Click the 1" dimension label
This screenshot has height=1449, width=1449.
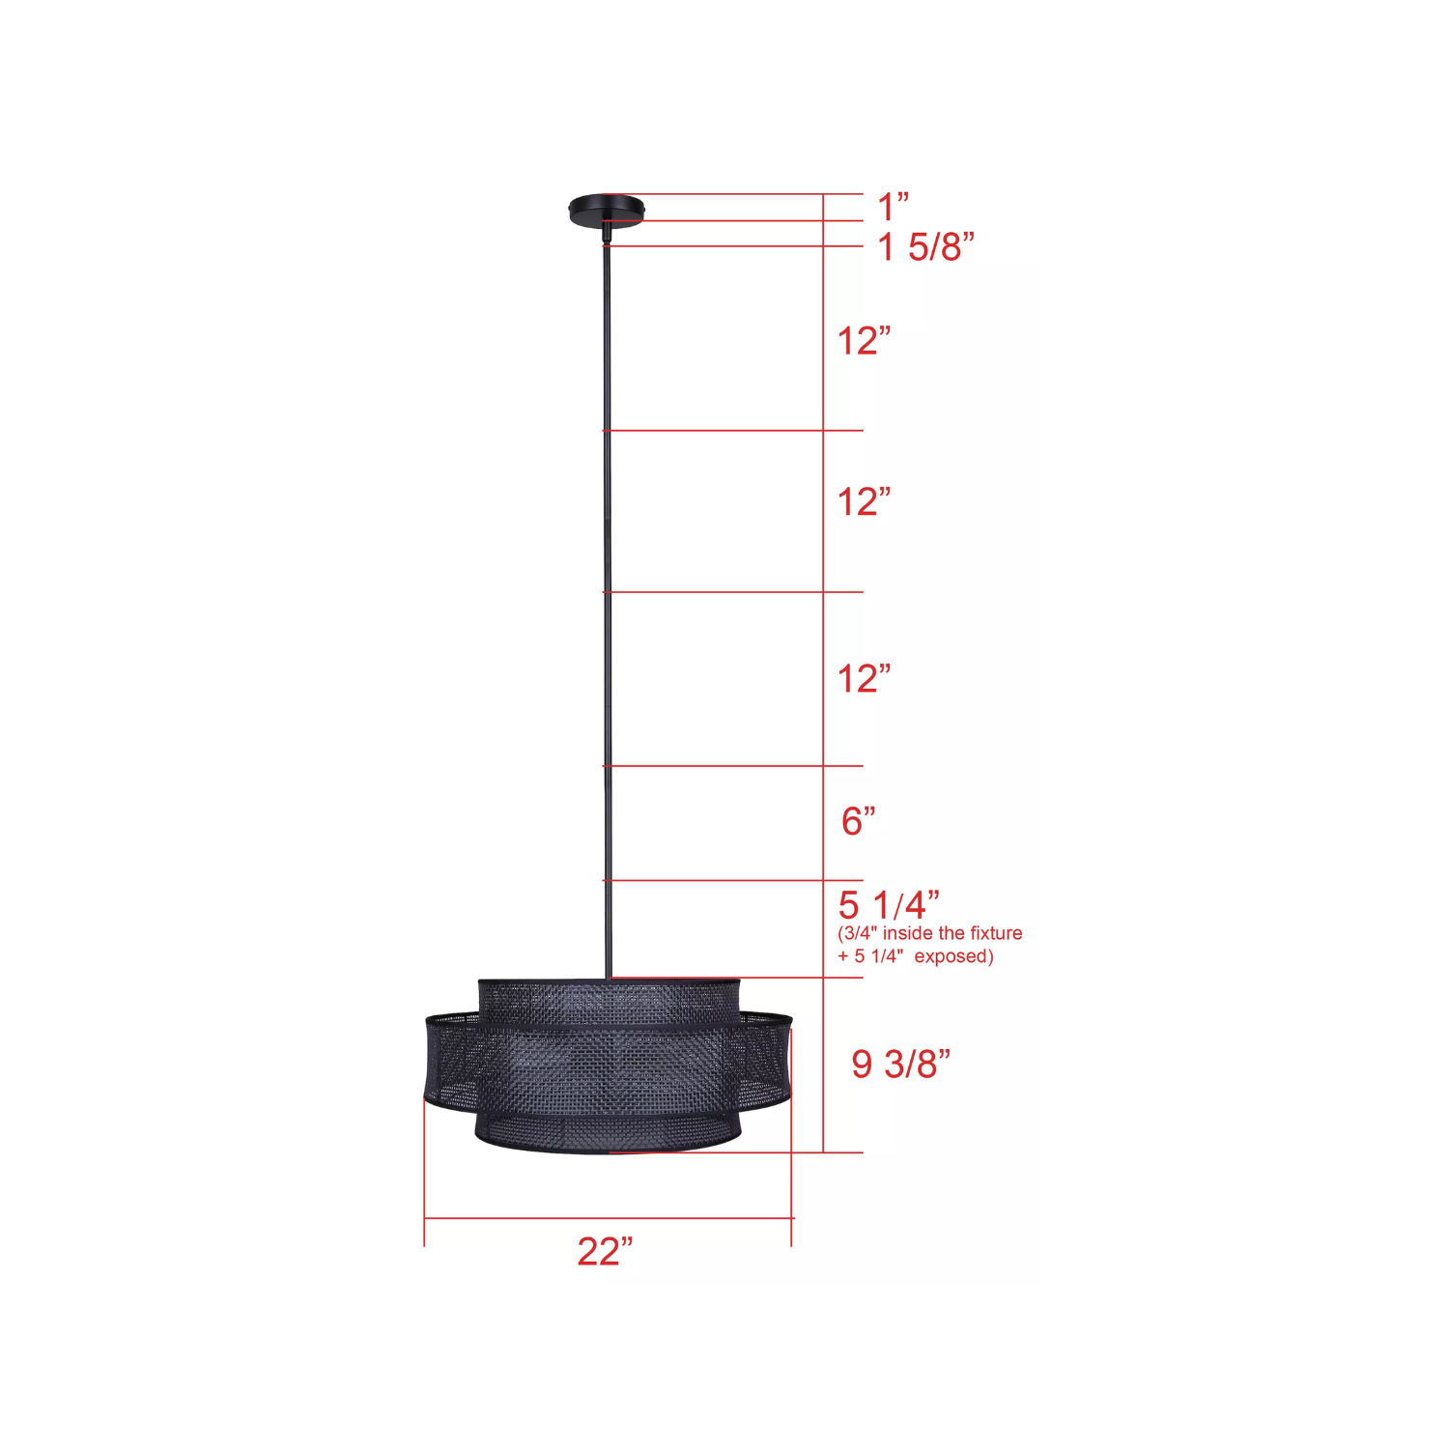(x=893, y=206)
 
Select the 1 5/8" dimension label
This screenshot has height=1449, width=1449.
(x=925, y=247)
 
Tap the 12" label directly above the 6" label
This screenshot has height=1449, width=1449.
(x=864, y=678)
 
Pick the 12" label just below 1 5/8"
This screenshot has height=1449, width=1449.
(x=864, y=340)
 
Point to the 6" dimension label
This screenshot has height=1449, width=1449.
(x=858, y=820)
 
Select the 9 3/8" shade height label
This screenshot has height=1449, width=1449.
(x=900, y=1064)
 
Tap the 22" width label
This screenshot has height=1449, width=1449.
(x=605, y=1251)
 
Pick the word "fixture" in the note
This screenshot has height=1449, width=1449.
(x=996, y=933)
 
